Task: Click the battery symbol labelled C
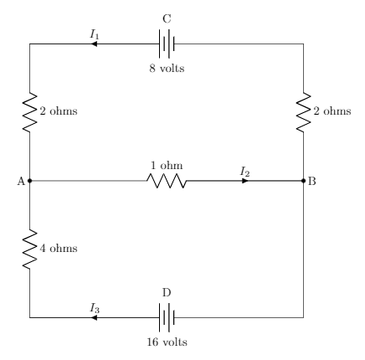[x=167, y=44]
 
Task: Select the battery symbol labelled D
[x=167, y=317]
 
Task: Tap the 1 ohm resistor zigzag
[x=167, y=181]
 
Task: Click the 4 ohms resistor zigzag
[x=29, y=249]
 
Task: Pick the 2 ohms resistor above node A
[x=29, y=112]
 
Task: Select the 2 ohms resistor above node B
[x=303, y=112]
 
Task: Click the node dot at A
[x=30, y=181]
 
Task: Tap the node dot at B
[x=304, y=181]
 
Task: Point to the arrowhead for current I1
[x=94, y=44]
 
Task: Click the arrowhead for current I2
[x=245, y=181]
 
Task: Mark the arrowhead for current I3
[x=94, y=317]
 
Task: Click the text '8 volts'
[x=167, y=68]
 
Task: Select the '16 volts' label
[x=167, y=342]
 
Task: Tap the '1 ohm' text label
[x=167, y=165]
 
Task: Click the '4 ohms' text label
[x=59, y=248]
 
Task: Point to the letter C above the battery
[x=167, y=19]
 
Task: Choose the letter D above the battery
[x=167, y=293]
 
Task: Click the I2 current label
[x=245, y=172]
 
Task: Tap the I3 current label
[x=95, y=308]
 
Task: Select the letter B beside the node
[x=312, y=181]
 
